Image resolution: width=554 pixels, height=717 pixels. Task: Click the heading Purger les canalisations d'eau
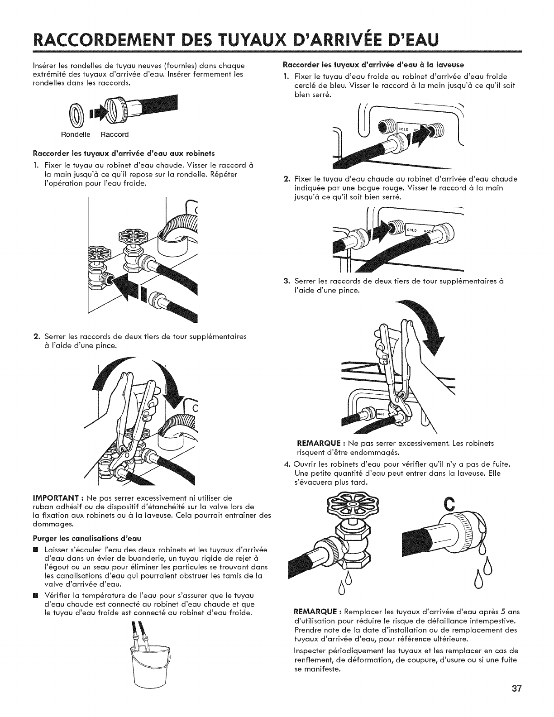(87, 539)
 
